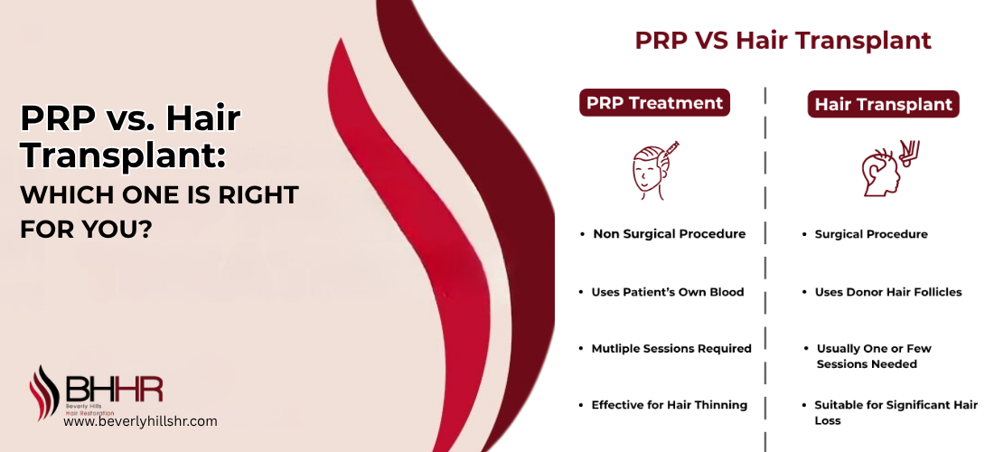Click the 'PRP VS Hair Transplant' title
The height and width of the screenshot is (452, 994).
click(783, 41)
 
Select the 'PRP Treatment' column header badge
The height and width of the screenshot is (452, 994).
click(654, 103)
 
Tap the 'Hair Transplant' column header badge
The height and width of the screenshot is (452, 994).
click(883, 105)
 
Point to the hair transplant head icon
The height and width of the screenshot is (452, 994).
click(882, 169)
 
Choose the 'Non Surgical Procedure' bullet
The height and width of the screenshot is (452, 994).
click(669, 234)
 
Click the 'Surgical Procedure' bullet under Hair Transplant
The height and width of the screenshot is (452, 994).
click(870, 234)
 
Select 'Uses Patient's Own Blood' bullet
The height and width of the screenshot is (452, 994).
click(667, 292)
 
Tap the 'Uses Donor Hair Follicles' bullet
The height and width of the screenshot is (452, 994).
click(887, 292)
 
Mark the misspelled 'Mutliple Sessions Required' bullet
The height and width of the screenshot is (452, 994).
click(670, 349)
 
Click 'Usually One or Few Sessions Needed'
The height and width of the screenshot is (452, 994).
click(873, 356)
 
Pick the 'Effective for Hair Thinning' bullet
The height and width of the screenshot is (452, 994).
click(669, 405)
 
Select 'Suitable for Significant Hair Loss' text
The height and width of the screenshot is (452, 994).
click(895, 413)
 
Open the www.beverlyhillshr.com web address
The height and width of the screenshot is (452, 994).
click(140, 421)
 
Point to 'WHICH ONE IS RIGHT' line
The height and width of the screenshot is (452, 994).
click(158, 195)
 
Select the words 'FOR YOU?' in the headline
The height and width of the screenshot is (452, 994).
click(85, 229)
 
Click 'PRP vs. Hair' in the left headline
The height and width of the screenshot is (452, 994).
click(131, 118)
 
